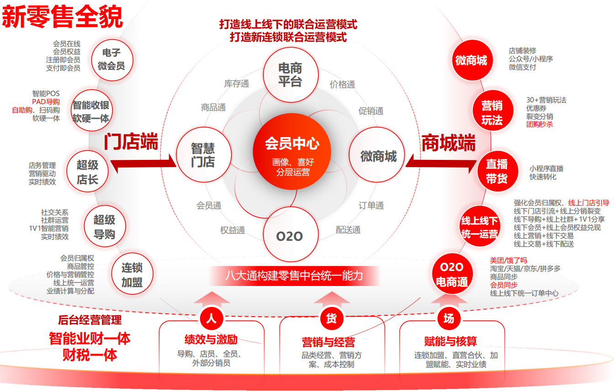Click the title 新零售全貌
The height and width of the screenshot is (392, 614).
pos(63,18)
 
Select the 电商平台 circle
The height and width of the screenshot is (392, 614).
pos(290,75)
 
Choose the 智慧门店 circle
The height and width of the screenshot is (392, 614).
pos(203,155)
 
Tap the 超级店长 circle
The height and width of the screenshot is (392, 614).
pos(87,172)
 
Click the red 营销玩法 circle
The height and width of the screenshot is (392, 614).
pos(492,113)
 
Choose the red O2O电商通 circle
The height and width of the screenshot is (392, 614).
pos(451,274)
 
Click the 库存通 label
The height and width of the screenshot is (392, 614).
pos(237,84)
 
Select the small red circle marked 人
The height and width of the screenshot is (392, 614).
pos(211,318)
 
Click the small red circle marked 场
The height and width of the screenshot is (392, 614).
pos(449,318)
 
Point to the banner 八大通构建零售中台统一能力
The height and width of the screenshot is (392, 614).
pos(294,275)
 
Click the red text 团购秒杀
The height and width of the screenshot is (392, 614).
pos(540,124)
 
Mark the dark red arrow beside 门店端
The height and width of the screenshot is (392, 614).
pos(143,163)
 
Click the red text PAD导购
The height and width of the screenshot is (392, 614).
pos(46,102)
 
